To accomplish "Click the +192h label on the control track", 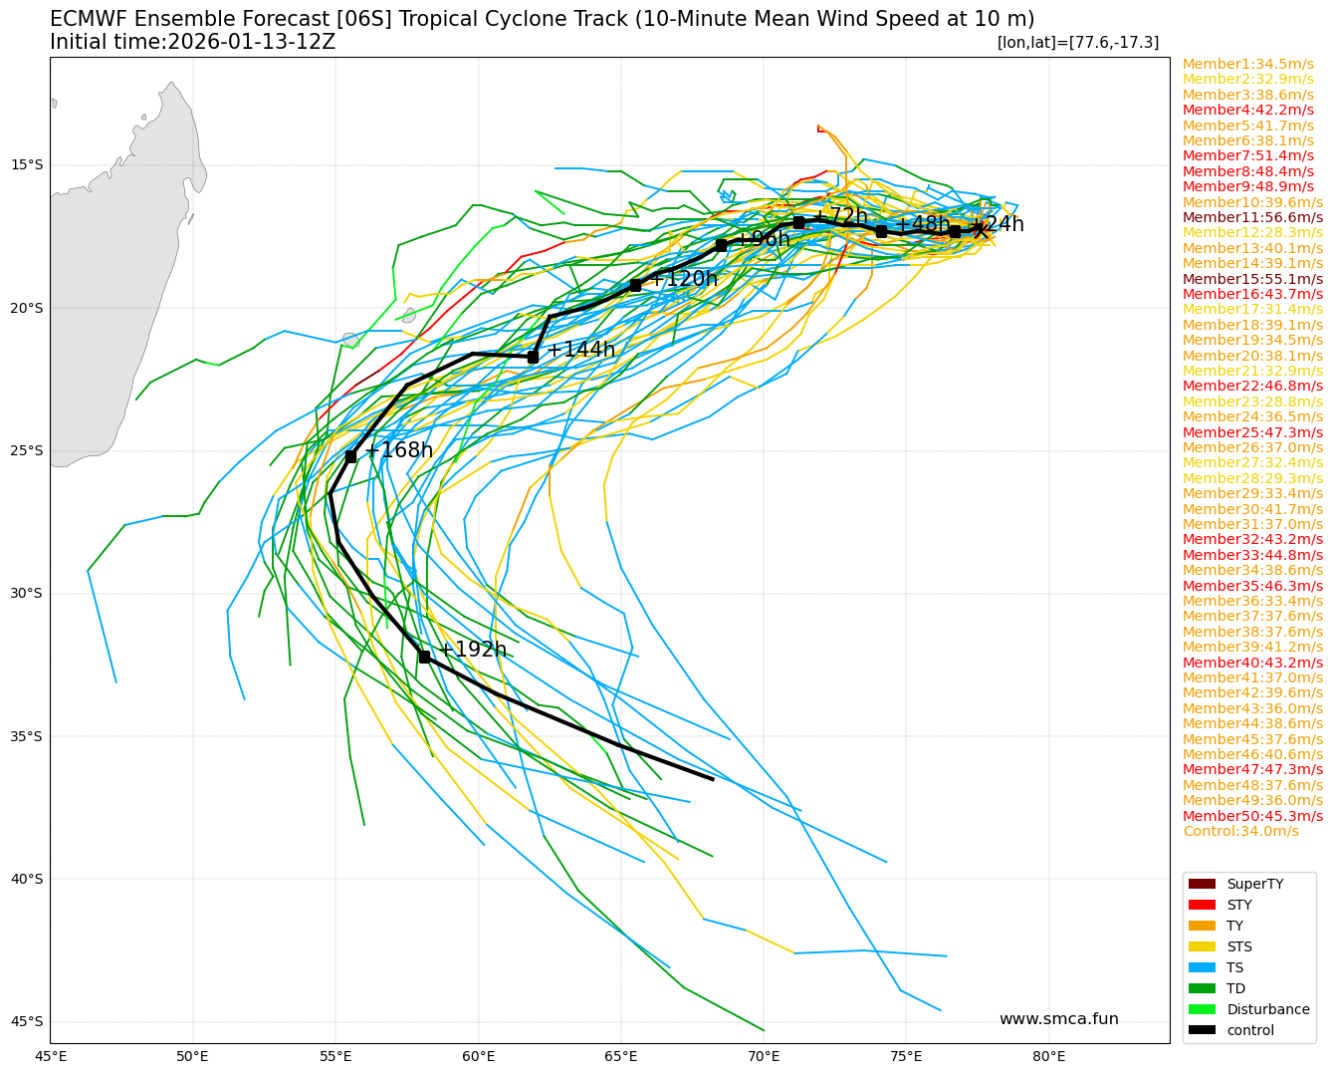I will click(473, 651).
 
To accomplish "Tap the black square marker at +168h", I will click(350, 456).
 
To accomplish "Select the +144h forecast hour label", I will click(581, 350).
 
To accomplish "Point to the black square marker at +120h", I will click(635, 285).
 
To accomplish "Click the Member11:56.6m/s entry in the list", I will click(1252, 217).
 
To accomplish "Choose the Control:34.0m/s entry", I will click(1240, 831).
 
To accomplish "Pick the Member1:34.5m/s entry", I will click(1247, 64).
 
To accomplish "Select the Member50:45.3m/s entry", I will click(1252, 816).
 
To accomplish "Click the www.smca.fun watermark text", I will click(1058, 1019).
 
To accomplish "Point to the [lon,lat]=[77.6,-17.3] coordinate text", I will click(1077, 42).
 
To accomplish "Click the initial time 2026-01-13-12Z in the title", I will click(251, 42).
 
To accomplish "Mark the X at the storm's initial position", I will click(981, 230).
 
